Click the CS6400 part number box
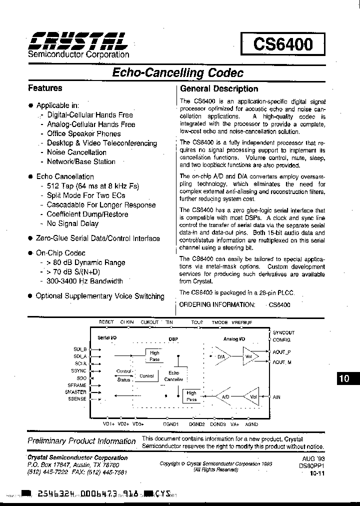tap(283, 44)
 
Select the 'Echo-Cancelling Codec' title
tap(177, 73)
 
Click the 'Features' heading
tap(45, 88)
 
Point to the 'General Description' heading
tap(218, 89)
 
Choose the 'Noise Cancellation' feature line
tap(76, 152)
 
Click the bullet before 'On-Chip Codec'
tap(30, 253)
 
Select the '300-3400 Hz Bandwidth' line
tap(84, 281)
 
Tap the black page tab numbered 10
tap(344, 378)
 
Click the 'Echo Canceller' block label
tap(173, 376)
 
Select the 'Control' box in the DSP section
tap(146, 376)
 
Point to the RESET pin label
tap(106, 322)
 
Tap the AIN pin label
tap(276, 397)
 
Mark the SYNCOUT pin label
tap(283, 332)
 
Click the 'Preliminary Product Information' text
tap(81, 441)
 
